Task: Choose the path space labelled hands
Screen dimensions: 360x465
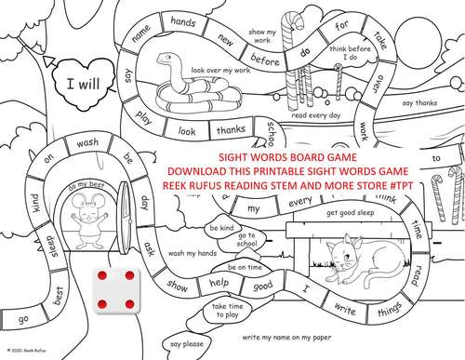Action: (x=183, y=20)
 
